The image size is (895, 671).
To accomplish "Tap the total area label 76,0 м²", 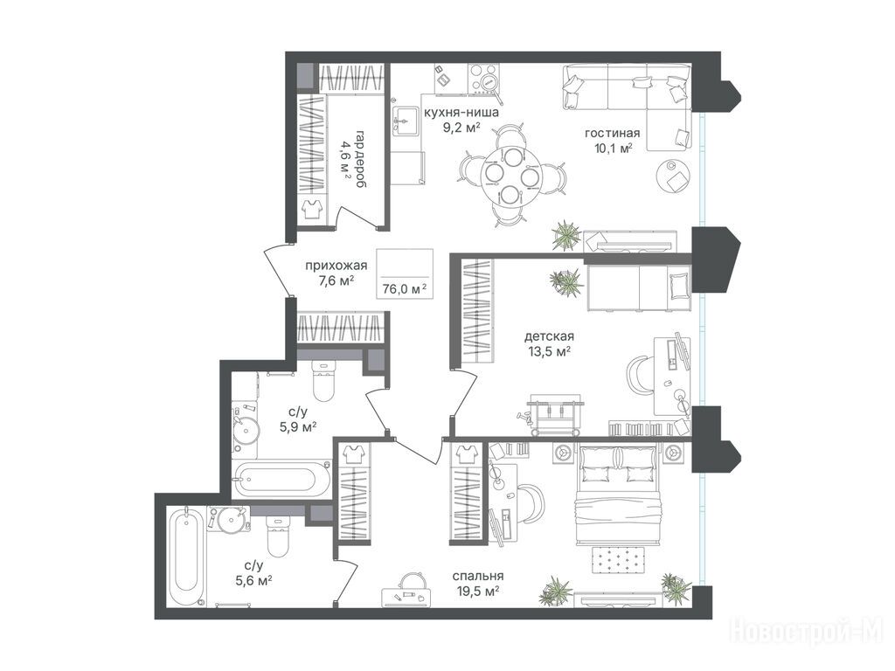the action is [405, 289].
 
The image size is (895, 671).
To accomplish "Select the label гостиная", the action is [612, 134].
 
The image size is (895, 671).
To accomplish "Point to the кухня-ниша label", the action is [461, 113].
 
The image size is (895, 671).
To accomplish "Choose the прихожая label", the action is [336, 266].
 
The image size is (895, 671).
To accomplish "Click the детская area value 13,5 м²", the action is [548, 351].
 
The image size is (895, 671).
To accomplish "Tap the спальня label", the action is [478, 577].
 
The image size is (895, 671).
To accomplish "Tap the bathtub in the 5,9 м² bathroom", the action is [282, 479].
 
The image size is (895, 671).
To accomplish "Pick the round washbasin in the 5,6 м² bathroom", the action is [231, 519].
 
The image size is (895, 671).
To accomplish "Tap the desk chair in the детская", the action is [642, 374].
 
